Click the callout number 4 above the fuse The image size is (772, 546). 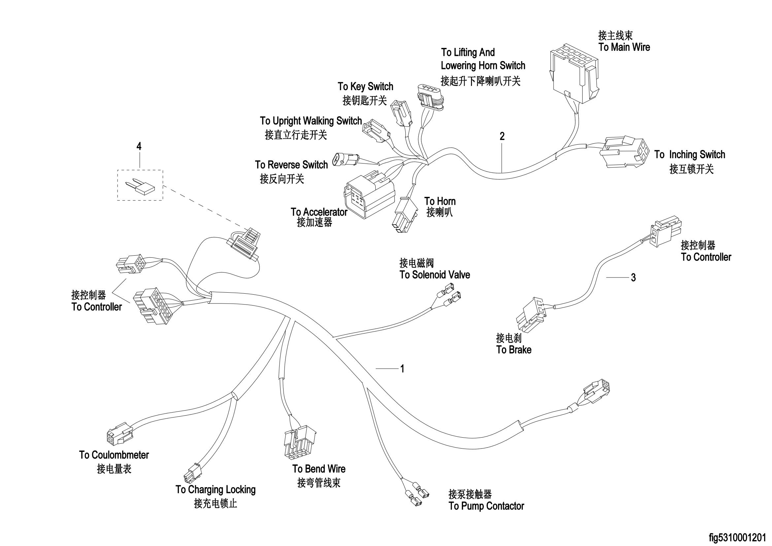(x=139, y=146)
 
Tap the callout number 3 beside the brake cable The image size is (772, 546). (x=633, y=277)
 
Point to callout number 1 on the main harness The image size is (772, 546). (x=402, y=369)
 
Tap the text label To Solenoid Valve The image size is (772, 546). (x=434, y=275)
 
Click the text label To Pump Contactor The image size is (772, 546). (x=486, y=506)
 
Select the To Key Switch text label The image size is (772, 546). (x=365, y=87)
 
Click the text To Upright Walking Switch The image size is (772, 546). (x=311, y=121)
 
